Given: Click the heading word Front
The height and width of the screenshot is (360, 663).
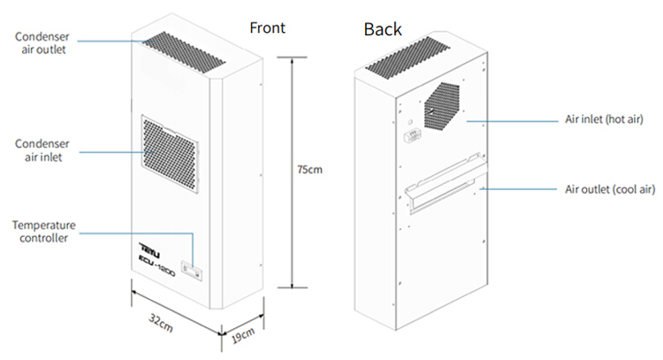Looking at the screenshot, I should tap(267, 27).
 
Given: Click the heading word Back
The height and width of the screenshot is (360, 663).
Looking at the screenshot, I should tap(383, 30).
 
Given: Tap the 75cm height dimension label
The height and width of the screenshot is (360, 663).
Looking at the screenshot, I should tap(309, 168).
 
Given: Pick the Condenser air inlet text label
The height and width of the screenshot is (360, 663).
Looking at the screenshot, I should tap(44, 150).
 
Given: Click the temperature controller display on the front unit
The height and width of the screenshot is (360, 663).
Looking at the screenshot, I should tap(190, 264).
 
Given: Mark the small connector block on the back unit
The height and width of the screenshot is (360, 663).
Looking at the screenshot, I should tap(411, 137).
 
